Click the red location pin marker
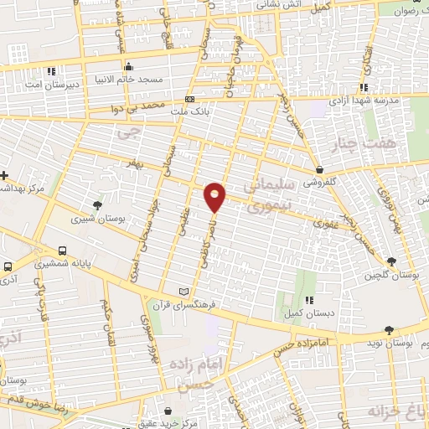coord(215,197)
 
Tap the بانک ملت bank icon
coord(189,99)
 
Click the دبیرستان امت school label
coord(60,85)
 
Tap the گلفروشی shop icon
coord(321,168)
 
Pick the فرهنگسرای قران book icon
coord(184,291)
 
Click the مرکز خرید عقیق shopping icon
coord(171,411)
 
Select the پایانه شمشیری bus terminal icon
coord(63,251)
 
